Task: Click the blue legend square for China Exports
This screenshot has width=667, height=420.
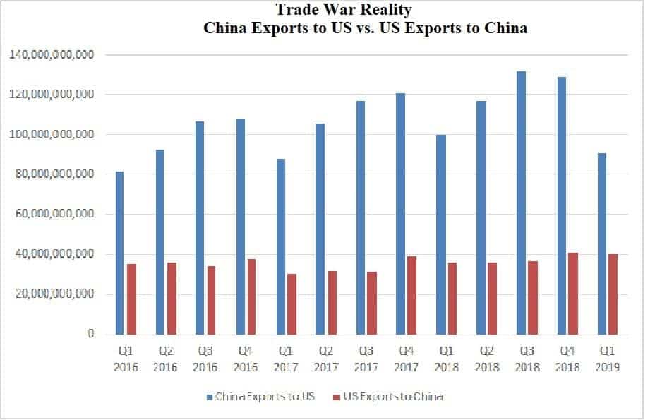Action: tap(210, 397)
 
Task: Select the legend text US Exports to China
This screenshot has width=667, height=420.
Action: tap(393, 397)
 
